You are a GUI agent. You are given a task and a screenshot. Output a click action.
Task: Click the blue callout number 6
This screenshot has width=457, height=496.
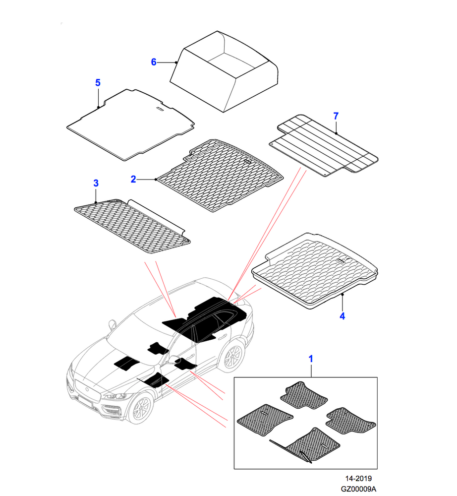154,62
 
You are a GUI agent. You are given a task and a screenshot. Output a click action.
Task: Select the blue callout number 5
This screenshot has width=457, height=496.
98,83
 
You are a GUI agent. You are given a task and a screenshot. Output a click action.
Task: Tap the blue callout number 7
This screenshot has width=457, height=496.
336,116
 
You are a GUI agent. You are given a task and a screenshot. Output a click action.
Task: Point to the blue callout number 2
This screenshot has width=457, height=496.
133,180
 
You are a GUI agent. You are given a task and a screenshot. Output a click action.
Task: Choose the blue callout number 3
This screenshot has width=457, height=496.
96,183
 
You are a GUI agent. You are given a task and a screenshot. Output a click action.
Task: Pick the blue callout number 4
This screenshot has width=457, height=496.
343,316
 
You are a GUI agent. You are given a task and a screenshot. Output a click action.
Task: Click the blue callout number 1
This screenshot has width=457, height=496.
311,359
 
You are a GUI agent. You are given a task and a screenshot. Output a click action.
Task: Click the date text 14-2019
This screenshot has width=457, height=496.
358,479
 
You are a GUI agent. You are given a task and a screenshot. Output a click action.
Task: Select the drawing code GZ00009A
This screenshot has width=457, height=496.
358,489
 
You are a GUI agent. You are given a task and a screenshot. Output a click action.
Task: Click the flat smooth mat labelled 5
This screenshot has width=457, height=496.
130,124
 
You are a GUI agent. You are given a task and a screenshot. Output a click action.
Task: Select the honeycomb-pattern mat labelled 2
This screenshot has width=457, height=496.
220,175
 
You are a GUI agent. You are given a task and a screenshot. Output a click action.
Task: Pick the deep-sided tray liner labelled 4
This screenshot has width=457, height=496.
315,271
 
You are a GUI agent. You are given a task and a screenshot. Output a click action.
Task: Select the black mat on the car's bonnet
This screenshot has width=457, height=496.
127,363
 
